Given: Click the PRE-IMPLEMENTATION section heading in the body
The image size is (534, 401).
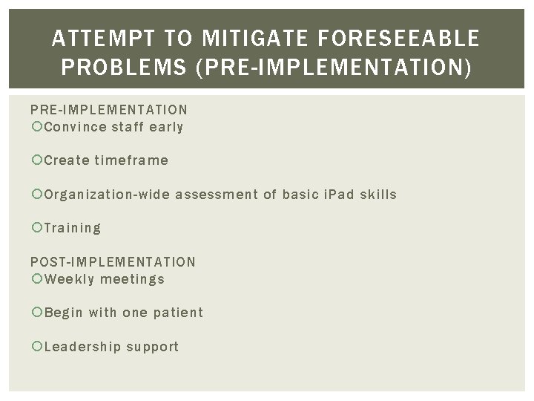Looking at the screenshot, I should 109,110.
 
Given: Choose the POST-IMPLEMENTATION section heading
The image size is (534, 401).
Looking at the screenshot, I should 113,262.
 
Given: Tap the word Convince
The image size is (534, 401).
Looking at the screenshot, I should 75,127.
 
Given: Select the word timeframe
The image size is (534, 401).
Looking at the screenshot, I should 131,160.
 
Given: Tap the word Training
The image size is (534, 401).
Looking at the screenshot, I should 73,229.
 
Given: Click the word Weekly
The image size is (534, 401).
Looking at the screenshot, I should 69,279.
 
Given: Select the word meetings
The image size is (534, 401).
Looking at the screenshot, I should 132,279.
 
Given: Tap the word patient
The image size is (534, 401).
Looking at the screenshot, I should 178,313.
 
